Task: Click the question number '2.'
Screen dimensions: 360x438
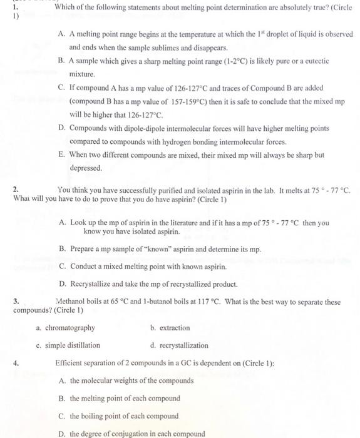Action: tap(16, 189)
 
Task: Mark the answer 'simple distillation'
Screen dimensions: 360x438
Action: tap(72, 345)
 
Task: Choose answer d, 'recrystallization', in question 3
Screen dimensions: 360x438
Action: tap(182, 345)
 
